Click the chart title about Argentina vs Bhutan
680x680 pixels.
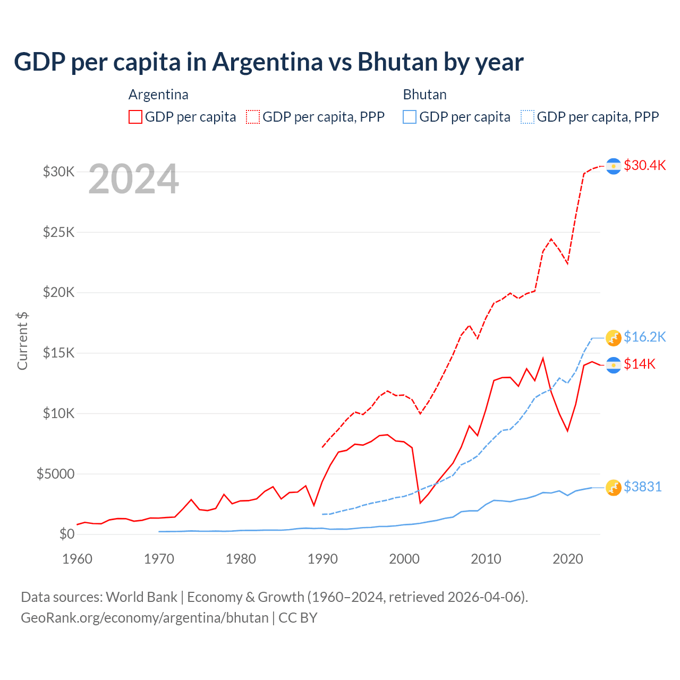click(269, 62)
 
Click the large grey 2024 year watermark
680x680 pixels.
click(133, 179)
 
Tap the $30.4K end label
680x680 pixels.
click(644, 165)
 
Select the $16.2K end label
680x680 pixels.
click(644, 337)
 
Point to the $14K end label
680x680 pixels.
click(640, 364)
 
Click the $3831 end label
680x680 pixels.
click(642, 487)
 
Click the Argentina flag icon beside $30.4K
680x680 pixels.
click(614, 166)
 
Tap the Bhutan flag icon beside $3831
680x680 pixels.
click(614, 487)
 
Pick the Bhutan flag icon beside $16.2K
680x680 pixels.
click(614, 337)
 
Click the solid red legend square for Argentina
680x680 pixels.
click(135, 117)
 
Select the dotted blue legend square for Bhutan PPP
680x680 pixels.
click(528, 117)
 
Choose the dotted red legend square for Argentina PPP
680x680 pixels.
click(253, 117)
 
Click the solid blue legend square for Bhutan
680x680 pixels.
click(410, 117)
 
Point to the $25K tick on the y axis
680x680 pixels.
click(58, 232)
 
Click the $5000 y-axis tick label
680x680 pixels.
click(55, 474)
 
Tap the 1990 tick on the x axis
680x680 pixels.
click(322, 559)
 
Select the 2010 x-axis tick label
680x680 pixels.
click(486, 559)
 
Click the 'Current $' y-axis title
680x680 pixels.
click(22, 341)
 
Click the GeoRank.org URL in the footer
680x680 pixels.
click(144, 618)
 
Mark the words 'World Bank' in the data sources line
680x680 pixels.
click(141, 597)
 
